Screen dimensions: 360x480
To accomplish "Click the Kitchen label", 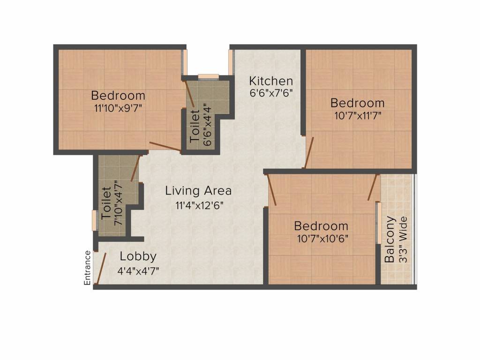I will click(271, 80).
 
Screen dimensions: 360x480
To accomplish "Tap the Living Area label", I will click(198, 191).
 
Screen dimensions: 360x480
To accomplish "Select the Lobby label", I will click(138, 256).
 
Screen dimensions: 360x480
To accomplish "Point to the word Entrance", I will click(87, 268).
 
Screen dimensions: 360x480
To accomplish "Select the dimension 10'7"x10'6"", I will click(321, 238).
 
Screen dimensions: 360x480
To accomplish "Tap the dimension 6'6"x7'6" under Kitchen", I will click(271, 92).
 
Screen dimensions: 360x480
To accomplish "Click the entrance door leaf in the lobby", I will click(100, 269).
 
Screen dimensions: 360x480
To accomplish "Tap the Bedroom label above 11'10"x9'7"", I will click(118, 96).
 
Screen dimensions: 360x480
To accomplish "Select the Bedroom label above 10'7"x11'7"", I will click(357, 103).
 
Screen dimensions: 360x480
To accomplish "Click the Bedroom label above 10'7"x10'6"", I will click(321, 226).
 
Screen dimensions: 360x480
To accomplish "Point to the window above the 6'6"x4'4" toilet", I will click(208, 76).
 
